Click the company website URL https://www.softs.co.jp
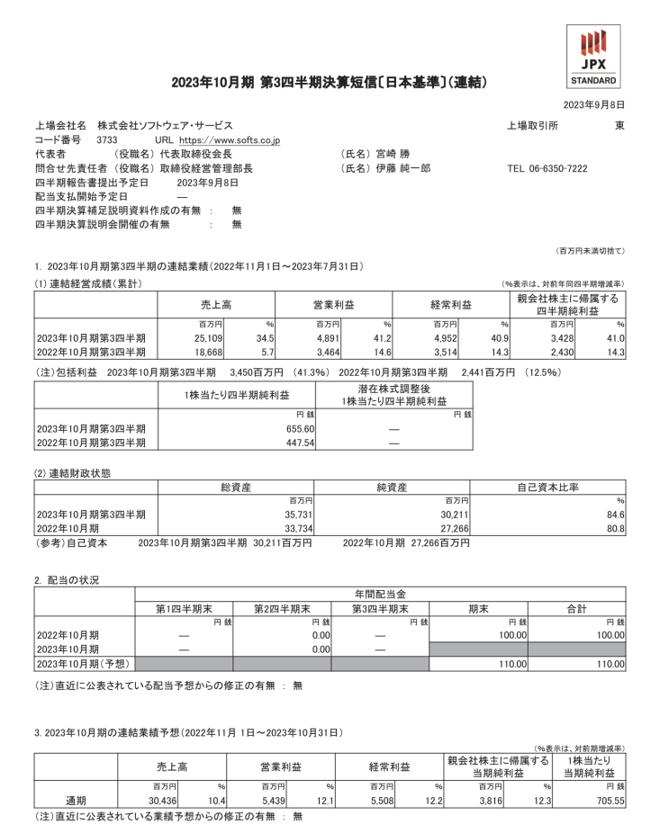pyautogui.click(x=230, y=140)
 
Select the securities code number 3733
pyautogui.click(x=106, y=140)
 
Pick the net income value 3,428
pyautogui.click(x=567, y=336)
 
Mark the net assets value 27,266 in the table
pyautogui.click(x=450, y=528)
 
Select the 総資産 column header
pyautogui.click(x=236, y=487)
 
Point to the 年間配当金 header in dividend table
pyautogui.click(x=380, y=595)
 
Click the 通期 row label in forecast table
pyautogui.click(x=77, y=801)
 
